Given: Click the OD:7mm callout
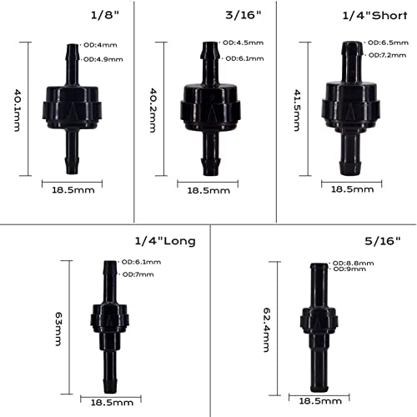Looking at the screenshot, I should (x=133, y=274).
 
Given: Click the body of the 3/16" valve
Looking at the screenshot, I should (x=206, y=107).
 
